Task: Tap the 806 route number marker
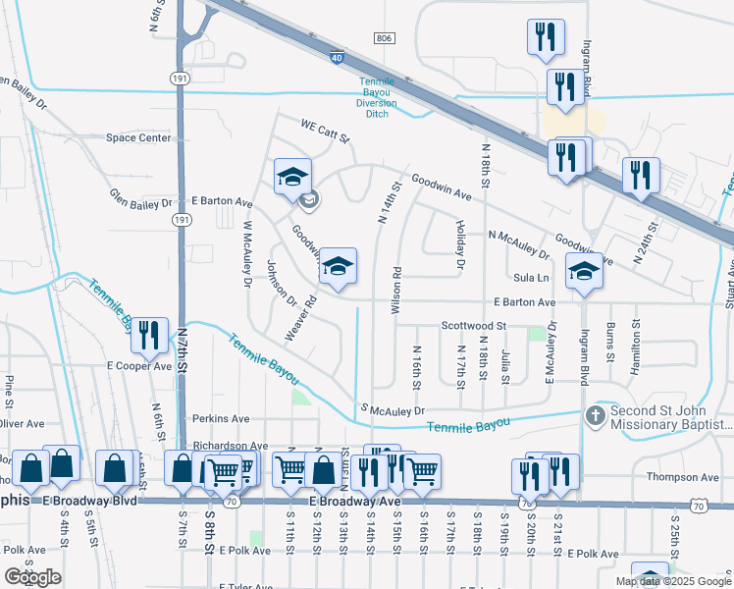pyautogui.click(x=385, y=37)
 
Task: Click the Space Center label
pyautogui.click(x=138, y=138)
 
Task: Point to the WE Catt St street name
pyautogui.click(x=325, y=130)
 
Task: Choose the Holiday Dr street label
pyautogui.click(x=459, y=244)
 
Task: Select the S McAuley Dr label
pyautogui.click(x=394, y=410)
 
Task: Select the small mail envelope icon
pyautogui.click(x=309, y=202)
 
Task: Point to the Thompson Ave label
pyautogui.click(x=684, y=477)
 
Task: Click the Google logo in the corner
pyautogui.click(x=32, y=577)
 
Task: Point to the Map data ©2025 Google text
pyautogui.click(x=672, y=581)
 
